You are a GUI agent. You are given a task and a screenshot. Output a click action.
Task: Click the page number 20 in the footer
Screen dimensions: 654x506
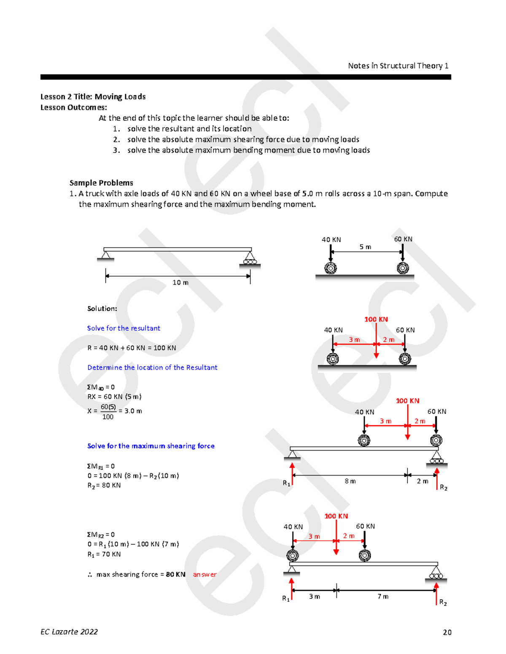(x=447, y=632)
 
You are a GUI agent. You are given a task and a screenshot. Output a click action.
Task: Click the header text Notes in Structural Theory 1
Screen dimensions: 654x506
(x=398, y=66)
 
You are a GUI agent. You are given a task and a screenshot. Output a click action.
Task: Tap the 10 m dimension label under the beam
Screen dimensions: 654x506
(x=180, y=283)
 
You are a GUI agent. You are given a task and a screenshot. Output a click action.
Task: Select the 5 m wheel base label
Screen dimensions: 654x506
(x=365, y=247)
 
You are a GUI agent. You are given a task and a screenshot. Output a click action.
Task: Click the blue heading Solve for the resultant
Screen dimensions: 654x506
(x=124, y=328)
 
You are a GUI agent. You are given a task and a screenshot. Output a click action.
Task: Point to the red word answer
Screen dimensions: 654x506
(x=205, y=574)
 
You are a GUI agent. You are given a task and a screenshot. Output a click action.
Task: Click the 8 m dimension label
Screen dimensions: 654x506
(x=350, y=481)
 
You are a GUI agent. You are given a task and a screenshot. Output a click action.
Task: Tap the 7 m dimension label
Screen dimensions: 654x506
(x=383, y=596)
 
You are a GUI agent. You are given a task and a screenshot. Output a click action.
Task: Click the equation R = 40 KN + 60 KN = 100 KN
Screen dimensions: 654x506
(x=132, y=348)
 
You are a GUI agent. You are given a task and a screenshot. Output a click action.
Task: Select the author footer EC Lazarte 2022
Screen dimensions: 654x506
(x=69, y=632)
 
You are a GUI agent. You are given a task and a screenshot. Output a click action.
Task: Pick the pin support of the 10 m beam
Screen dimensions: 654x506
(x=105, y=256)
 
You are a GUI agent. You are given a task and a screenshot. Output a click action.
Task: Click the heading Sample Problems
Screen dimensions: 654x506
(x=101, y=183)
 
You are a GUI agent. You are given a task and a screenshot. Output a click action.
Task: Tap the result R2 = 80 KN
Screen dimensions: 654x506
(x=104, y=486)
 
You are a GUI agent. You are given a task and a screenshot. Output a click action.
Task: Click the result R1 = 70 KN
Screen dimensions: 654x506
(x=104, y=554)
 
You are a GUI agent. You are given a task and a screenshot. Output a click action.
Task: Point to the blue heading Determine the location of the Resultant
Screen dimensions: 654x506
(x=152, y=368)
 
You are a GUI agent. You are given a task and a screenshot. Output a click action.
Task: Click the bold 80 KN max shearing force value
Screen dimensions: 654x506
(x=175, y=574)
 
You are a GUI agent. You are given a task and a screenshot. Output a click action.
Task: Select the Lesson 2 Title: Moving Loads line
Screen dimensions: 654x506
(x=93, y=96)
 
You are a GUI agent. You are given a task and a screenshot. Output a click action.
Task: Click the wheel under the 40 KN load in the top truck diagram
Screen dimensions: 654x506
(x=331, y=268)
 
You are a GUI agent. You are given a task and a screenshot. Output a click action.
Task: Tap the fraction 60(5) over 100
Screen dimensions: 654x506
(x=108, y=411)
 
